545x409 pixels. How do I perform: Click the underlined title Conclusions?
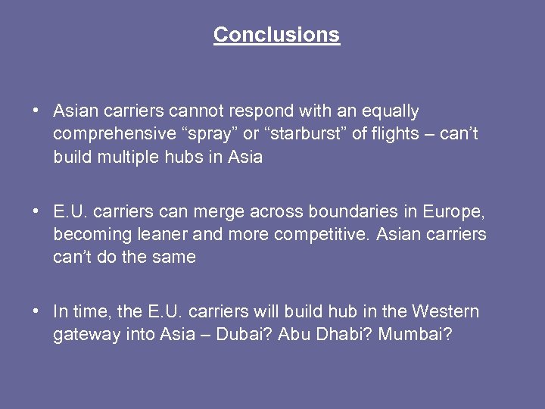coord(276,35)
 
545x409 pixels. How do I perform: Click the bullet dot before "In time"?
coord(36,311)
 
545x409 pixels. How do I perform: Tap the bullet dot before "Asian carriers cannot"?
coord(36,111)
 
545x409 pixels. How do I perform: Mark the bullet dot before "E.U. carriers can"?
coord(36,211)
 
